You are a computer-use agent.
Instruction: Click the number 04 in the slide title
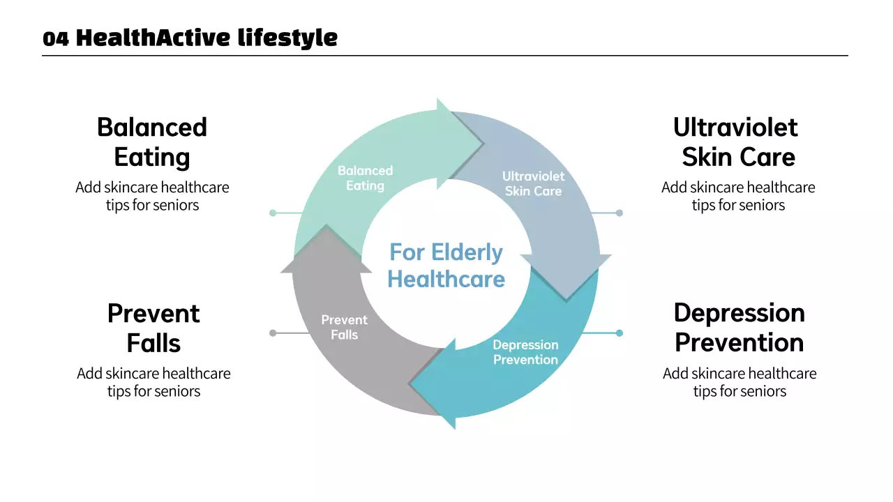pos(55,39)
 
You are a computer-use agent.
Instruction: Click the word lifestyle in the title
pos(287,38)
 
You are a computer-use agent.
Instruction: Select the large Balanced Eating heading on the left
pos(152,142)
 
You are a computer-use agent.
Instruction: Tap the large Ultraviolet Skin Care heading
pos(738,142)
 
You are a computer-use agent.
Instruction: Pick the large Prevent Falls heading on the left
pos(153,328)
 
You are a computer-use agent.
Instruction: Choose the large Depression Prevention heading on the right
pos(739,328)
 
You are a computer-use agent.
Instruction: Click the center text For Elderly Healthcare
pos(446,265)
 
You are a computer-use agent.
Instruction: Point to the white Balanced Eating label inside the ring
pos(365,178)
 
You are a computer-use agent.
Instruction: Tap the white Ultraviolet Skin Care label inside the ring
pos(534,183)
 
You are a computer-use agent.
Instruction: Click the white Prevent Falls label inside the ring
pos(345,327)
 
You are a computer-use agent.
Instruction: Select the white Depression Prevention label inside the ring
pos(525,352)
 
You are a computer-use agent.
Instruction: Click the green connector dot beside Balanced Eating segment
pos(273,213)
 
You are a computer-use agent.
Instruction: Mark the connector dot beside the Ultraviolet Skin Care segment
pos(619,213)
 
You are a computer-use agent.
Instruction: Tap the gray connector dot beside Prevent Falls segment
pos(273,333)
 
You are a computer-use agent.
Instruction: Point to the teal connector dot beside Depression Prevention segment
pos(619,333)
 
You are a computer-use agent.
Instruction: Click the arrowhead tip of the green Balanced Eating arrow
pos(483,144)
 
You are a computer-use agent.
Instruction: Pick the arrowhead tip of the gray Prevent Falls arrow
pos(326,225)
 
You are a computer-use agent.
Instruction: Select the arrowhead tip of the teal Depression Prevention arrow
pos(409,384)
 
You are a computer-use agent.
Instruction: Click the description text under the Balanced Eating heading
pos(152,196)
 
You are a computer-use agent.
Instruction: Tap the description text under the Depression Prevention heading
pos(740,382)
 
